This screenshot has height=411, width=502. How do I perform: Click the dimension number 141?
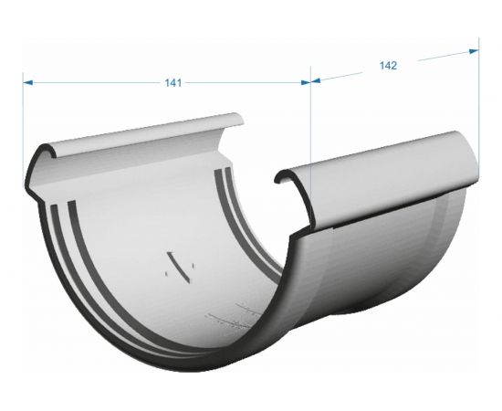[173, 83]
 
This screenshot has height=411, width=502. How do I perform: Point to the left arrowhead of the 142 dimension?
[318, 80]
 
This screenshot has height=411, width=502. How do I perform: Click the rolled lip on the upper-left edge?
[137, 137]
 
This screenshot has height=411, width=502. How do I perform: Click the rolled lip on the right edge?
[383, 169]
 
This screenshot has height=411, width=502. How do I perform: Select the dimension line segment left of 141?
[91, 82]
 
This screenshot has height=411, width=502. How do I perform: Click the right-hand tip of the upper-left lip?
[239, 121]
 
